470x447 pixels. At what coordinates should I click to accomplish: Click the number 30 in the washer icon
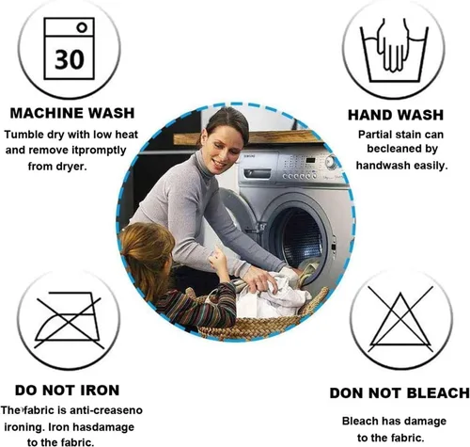coord(70,59)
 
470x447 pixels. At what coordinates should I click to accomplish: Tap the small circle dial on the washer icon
coord(82,27)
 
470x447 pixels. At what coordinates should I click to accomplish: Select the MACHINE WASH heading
coord(72,113)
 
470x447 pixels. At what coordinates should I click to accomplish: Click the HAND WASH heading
coord(396,115)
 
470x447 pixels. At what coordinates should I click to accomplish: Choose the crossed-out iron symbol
coord(69,320)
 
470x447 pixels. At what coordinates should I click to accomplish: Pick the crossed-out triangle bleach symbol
coord(400,319)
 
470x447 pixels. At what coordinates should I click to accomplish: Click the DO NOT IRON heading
coord(67,391)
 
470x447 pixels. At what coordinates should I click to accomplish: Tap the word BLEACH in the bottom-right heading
coord(437,393)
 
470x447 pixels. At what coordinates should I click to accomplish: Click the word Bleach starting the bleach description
coord(359,421)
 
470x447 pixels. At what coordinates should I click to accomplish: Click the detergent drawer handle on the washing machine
coord(258,173)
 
